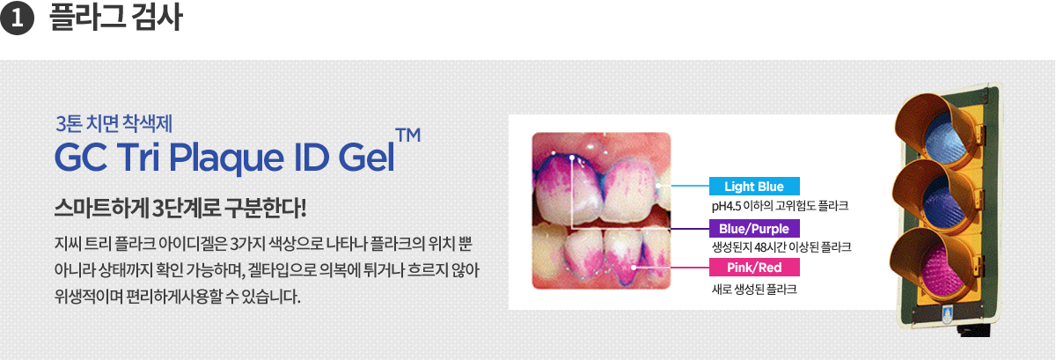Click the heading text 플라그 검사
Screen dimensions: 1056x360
115,18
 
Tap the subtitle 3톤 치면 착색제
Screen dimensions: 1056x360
114,123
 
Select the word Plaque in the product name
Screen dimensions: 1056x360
226,158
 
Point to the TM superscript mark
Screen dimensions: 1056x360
408,135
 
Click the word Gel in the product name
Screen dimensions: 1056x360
366,157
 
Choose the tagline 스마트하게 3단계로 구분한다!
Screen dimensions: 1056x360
180,208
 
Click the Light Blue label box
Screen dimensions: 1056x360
754,187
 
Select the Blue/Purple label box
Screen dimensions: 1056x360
754,228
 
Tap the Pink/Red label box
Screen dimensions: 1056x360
754,268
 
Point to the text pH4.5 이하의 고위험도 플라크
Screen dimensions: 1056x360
781,206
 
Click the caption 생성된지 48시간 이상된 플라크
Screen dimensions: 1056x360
781,247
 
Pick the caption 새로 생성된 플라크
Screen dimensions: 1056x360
754,290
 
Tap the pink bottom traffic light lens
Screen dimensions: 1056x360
941,270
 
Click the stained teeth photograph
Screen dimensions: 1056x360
601,210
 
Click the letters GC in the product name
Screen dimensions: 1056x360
81,158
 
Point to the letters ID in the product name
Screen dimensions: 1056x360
312,157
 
